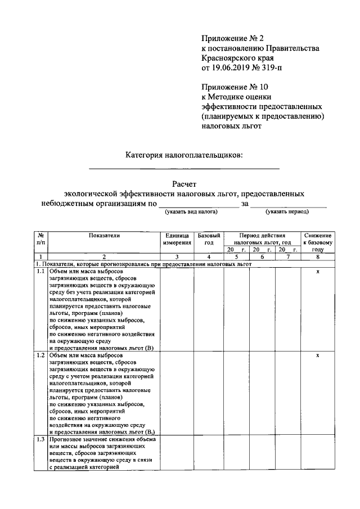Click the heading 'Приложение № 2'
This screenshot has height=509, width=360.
coord(232,38)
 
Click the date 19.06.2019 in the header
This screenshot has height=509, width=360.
coord(231,68)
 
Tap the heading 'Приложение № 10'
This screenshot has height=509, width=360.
coord(235,87)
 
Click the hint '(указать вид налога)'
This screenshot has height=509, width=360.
coord(192,212)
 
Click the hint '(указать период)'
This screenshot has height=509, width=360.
coord(288,212)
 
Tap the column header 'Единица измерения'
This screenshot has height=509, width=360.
coord(177,239)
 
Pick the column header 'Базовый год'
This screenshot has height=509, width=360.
coord(209,239)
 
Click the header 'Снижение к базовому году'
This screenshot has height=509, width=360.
coord(318,242)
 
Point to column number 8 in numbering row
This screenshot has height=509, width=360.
coord(318,256)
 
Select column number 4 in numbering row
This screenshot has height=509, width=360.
coord(209,256)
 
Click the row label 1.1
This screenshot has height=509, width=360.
coord(41,271)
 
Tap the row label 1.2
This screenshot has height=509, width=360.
coord(41,355)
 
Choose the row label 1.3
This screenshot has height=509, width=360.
coord(41,439)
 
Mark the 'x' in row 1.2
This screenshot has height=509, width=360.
coord(318,355)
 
